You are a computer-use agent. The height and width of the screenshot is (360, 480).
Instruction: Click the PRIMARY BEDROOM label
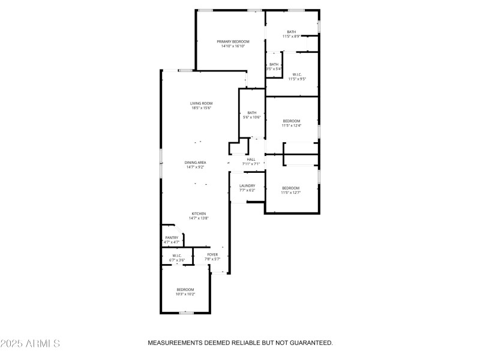(233, 41)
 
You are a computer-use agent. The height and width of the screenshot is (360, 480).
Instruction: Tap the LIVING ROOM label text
(202, 103)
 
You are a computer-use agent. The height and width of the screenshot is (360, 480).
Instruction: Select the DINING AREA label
(196, 163)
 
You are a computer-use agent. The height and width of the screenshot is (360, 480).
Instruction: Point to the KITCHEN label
(199, 214)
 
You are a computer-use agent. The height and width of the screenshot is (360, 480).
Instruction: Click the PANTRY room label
(172, 238)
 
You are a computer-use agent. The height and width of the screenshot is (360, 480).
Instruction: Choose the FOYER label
(212, 254)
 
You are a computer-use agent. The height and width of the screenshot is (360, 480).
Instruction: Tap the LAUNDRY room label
(247, 185)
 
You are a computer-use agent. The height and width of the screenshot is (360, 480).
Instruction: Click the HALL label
(251, 159)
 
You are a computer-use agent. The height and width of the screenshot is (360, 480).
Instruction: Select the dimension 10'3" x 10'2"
(185, 295)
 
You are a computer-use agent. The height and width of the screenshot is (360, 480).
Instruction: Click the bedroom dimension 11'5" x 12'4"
(291, 125)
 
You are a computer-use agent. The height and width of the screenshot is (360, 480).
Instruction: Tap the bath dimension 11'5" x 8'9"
(291, 37)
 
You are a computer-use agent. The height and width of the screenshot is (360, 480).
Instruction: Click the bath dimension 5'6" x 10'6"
(252, 117)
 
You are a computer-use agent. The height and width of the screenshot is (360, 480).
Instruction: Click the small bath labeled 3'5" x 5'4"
(274, 69)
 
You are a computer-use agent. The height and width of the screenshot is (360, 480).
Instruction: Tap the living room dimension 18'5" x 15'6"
(202, 108)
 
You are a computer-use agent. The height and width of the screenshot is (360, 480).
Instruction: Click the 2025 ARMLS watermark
(30, 343)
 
